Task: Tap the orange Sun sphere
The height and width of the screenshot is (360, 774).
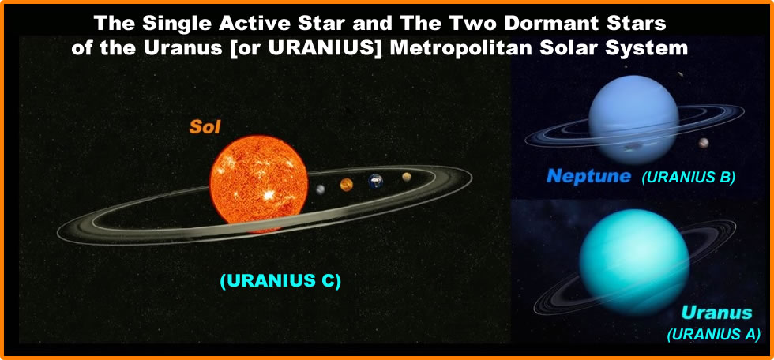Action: coord(257,180)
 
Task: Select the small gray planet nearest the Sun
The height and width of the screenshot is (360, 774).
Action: coord(321,189)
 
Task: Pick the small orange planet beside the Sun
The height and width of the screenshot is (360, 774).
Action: coord(346,185)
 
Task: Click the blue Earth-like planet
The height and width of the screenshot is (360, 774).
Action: coord(376,182)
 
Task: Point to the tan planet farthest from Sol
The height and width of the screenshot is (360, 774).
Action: coord(407,177)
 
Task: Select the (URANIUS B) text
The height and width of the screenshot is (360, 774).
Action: coord(689,178)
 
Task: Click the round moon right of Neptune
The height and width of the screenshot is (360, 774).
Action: coord(704,143)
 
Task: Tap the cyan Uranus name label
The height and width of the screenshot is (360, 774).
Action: coord(716,313)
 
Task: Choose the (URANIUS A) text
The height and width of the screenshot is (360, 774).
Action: coord(713,334)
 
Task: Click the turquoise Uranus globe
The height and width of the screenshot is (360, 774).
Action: coord(623,253)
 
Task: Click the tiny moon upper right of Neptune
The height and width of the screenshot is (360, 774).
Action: coord(680,75)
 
